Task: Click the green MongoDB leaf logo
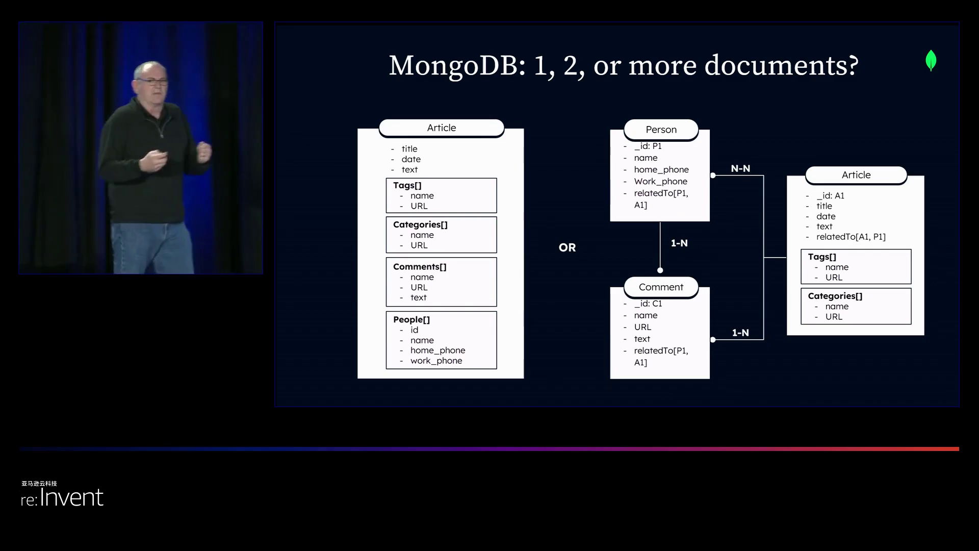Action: (x=931, y=60)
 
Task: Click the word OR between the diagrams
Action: (x=567, y=247)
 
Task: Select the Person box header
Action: (x=661, y=130)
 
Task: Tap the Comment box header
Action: (x=661, y=287)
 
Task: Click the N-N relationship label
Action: (x=740, y=168)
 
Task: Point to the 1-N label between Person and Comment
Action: (x=679, y=243)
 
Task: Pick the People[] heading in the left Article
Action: (x=411, y=320)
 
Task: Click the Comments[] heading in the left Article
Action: (x=420, y=267)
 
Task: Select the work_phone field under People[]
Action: (x=436, y=361)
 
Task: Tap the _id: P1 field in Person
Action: (x=648, y=146)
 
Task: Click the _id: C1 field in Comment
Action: (x=648, y=304)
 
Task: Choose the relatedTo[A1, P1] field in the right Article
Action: (x=851, y=237)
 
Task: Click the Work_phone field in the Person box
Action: (x=660, y=182)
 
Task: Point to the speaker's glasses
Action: (x=152, y=81)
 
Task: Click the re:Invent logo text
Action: (x=62, y=497)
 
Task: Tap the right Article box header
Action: (x=856, y=175)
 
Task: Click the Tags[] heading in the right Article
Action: (x=822, y=257)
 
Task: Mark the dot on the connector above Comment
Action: (x=660, y=270)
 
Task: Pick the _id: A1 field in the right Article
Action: (x=830, y=196)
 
